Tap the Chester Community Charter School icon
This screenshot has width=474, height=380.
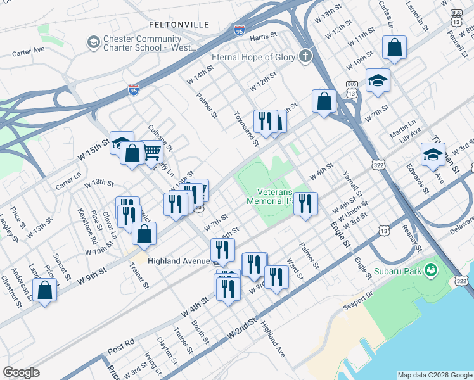pyautogui.click(x=93, y=42)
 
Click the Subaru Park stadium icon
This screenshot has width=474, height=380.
pyautogui.click(x=432, y=270)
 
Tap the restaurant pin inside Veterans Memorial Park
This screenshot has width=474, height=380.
pyautogui.click(x=305, y=204)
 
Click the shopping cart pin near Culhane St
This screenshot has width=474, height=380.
pyautogui.click(x=151, y=152)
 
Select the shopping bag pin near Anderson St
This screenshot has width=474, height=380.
pyautogui.click(x=44, y=291)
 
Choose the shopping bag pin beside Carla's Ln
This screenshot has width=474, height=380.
pyautogui.click(x=394, y=47)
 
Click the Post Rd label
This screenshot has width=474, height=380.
pyautogui.click(x=121, y=349)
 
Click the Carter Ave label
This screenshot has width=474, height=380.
pyautogui.click(x=29, y=49)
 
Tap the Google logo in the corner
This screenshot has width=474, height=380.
pyautogui.click(x=21, y=372)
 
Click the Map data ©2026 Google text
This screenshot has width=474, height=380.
pyautogui.click(x=435, y=375)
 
